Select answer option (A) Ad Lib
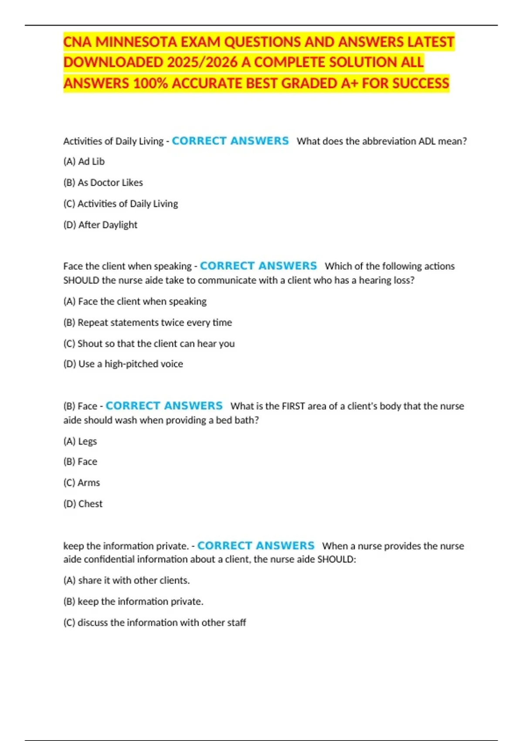(84, 161)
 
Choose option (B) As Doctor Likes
(103, 183)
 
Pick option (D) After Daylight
(100, 225)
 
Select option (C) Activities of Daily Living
(121, 204)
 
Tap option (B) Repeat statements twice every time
(148, 323)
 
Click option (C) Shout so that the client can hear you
(149, 343)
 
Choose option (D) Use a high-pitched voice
(123, 364)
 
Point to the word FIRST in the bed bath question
(293, 406)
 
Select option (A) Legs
(80, 441)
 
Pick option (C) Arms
(82, 483)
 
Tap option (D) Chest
(83, 504)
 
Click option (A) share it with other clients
(126, 581)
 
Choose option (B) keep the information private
(133, 602)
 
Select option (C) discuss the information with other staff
(155, 622)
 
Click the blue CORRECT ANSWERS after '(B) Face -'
(164, 406)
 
